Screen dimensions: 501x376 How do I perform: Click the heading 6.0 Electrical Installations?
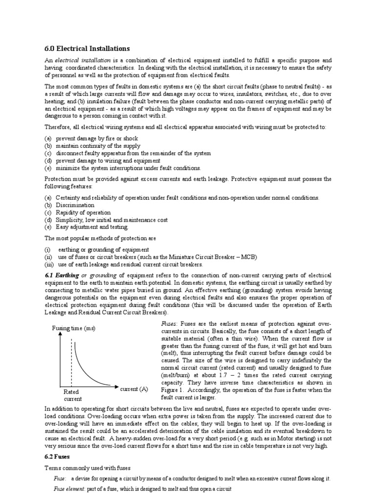click(87, 48)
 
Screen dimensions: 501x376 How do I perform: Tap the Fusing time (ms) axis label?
click(73, 328)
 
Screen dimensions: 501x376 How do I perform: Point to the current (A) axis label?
click(134, 389)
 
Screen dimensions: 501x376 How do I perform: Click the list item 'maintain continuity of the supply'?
click(97, 146)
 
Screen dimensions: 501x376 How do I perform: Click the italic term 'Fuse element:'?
click(69, 489)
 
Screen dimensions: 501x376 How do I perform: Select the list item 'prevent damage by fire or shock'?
click(96, 138)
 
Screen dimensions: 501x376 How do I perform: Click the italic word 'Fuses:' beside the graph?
click(169, 324)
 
